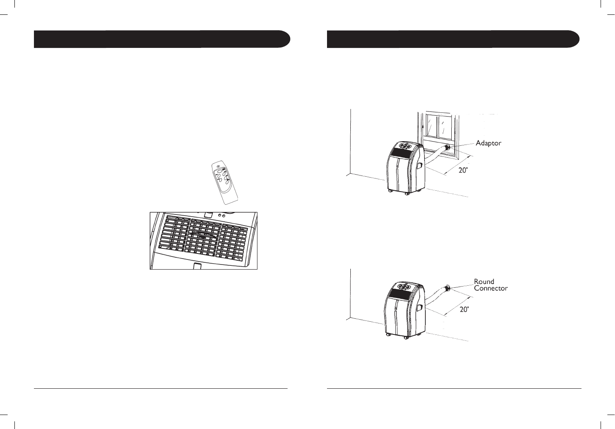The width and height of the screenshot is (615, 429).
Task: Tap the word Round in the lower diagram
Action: click(x=484, y=281)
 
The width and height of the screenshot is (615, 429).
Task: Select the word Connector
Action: click(x=490, y=288)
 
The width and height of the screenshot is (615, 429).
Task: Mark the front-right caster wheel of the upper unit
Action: click(x=407, y=193)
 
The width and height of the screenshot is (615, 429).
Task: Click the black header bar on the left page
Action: click(x=162, y=39)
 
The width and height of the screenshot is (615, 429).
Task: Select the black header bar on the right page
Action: click(x=453, y=39)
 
